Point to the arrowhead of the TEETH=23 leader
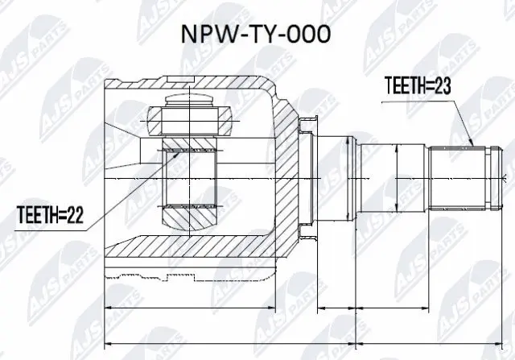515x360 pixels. (x=471, y=146)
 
